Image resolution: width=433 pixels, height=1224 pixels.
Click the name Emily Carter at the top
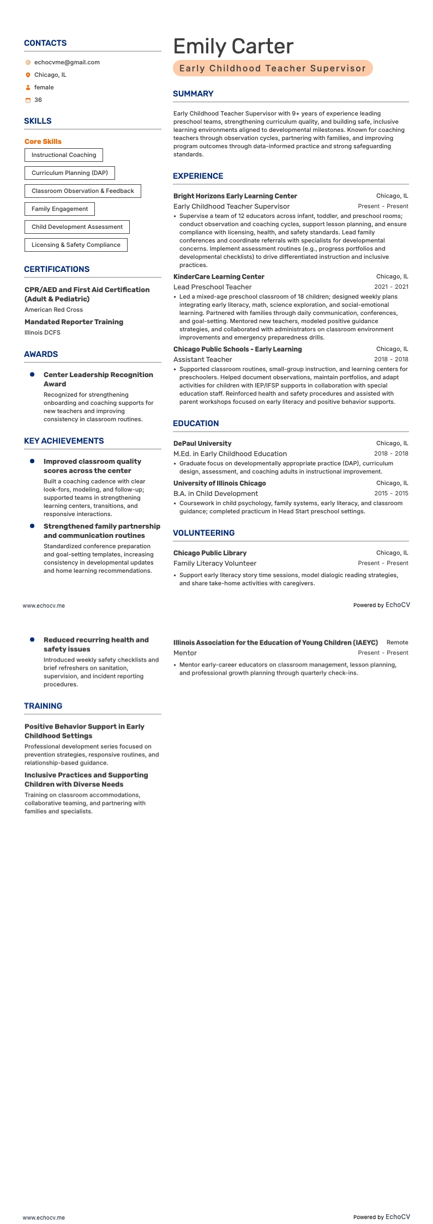coord(233,46)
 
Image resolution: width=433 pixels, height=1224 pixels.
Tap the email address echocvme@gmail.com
coord(67,62)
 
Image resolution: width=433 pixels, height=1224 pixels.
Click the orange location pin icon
coord(28,75)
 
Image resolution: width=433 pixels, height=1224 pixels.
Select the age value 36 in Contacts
coord(38,100)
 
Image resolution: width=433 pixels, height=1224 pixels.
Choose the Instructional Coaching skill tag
coord(64,155)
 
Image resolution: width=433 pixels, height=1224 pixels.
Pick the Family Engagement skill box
coord(59,209)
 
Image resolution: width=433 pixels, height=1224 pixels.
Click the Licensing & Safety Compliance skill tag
coord(76,245)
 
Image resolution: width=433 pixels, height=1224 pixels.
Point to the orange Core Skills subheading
coord(43,141)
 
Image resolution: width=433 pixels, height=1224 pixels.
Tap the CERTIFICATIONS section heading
coord(57,269)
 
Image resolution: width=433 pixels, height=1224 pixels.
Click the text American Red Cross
coord(53,310)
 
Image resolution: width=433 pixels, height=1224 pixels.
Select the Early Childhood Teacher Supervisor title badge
coord(273,68)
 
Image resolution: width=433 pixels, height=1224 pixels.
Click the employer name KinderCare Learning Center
coord(219,277)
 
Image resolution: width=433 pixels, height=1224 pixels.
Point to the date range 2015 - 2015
coord(391,493)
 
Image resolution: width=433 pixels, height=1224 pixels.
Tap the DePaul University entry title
coord(202,444)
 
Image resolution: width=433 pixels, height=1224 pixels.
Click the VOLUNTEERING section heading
coord(203,533)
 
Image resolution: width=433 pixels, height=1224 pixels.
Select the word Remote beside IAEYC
coord(397,643)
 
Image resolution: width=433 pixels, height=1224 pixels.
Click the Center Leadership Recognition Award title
coord(98,379)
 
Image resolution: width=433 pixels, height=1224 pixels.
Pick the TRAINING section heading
coord(43,706)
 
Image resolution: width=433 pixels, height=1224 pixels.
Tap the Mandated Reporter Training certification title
coord(74,322)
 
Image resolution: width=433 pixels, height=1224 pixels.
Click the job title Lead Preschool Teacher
coord(212,287)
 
